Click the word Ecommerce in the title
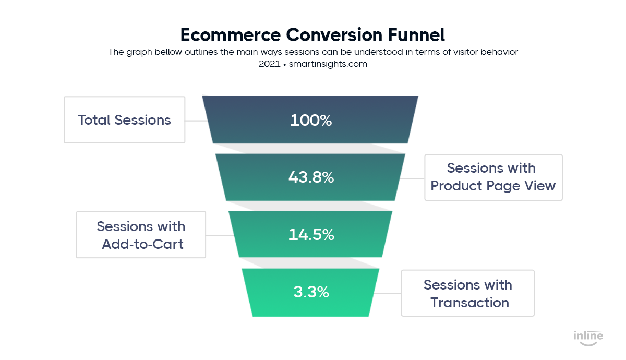point(231,35)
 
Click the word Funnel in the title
point(416,35)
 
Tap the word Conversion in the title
point(334,35)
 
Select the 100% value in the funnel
point(311,121)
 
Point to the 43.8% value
point(311,177)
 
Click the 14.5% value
point(311,234)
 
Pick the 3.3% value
point(311,292)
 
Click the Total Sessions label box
point(124,120)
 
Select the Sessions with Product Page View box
point(493,177)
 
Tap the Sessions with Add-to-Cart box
point(141,235)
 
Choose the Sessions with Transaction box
point(467,293)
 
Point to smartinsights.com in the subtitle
point(328,64)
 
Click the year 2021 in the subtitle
point(269,64)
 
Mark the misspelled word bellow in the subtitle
point(168,52)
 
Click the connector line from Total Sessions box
point(196,121)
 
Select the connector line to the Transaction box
point(387,294)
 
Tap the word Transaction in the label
point(470,303)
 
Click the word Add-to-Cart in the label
point(142,244)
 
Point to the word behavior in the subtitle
point(499,52)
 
